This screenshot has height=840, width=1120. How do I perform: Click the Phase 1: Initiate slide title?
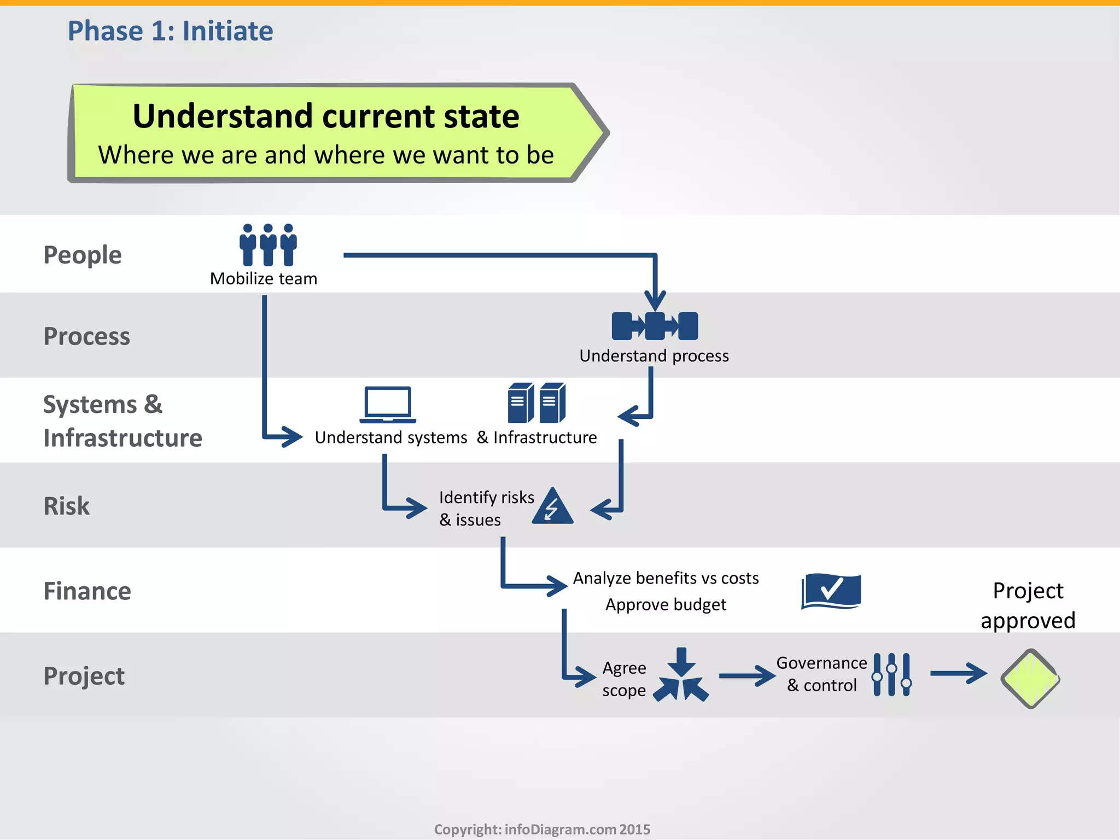(x=170, y=31)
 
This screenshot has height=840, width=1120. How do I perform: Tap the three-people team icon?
(x=268, y=244)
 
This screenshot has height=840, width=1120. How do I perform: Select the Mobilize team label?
(x=264, y=278)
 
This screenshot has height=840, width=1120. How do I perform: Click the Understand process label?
(x=654, y=356)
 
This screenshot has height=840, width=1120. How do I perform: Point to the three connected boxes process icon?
(x=655, y=326)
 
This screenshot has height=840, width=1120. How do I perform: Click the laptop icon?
(x=388, y=405)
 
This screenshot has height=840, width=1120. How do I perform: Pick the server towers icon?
(x=536, y=403)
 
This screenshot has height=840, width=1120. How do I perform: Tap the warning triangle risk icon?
(x=553, y=507)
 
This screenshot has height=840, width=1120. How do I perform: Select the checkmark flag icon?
(x=831, y=591)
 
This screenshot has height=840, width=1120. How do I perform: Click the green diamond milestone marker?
(x=1030, y=679)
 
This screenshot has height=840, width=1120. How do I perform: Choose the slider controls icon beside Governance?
(x=891, y=674)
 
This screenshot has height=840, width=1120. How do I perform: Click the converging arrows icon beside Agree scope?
(x=681, y=676)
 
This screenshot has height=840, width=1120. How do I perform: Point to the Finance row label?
(x=87, y=591)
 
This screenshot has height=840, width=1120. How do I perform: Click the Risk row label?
(x=66, y=506)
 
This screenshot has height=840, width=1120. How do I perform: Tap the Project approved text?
(x=1028, y=605)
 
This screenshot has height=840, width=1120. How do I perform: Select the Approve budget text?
(x=666, y=605)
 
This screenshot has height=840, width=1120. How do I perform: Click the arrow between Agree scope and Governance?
(x=746, y=676)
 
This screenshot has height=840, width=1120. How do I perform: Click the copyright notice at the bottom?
(x=542, y=829)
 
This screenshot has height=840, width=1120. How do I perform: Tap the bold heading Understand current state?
(x=326, y=116)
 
